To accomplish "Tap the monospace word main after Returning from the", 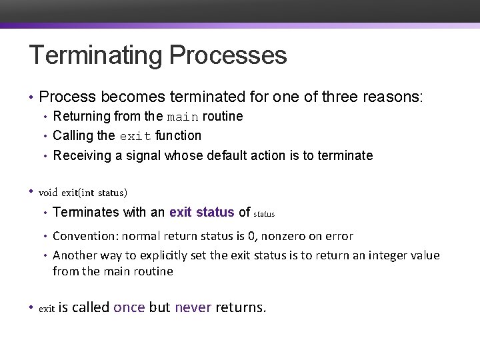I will click(182, 117).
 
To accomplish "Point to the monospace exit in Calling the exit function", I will click(135, 136).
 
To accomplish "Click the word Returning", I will click(81, 116).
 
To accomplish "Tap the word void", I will click(49, 193).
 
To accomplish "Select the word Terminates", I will click(84, 212).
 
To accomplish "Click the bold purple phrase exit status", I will click(201, 212).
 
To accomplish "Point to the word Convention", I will click(82, 236).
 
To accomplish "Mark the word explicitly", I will click(167, 255).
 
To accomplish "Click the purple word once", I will click(129, 307).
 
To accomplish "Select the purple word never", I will click(193, 307).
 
